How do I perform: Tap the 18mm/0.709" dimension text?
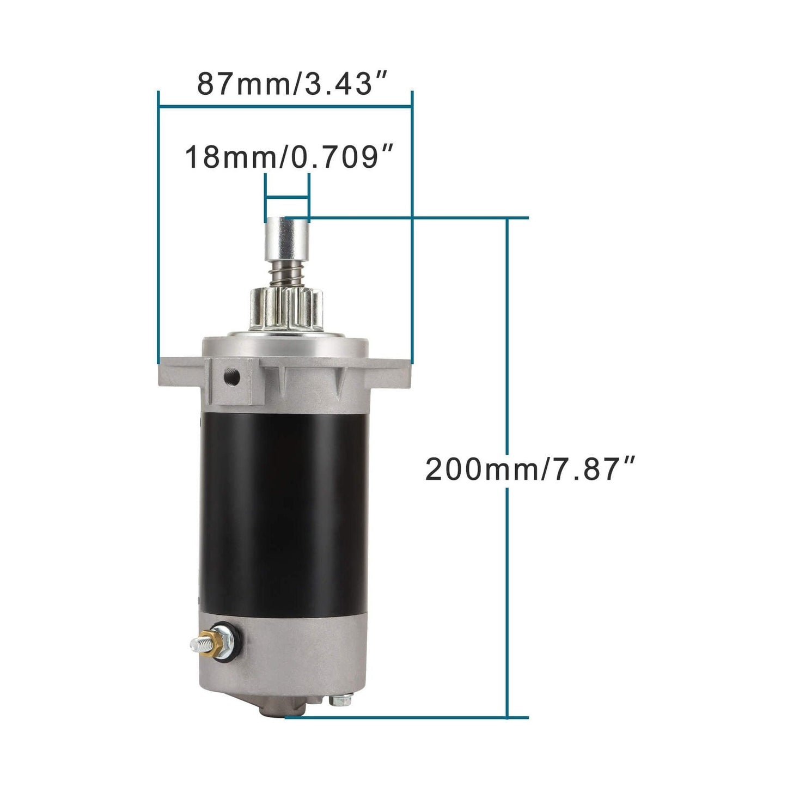tap(289, 158)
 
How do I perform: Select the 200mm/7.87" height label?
tap(530, 469)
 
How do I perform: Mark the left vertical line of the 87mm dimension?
tap(158, 229)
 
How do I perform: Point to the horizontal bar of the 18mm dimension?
tap(287, 197)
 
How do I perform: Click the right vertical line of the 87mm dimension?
tap(412, 229)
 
